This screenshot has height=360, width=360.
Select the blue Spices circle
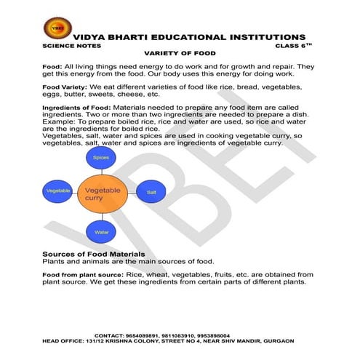coord(100,158)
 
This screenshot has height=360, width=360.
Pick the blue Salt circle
coord(151,191)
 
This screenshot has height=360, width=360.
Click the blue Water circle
coord(100,233)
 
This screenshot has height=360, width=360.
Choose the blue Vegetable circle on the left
coord(57,191)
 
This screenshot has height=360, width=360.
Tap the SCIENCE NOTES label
coord(66,45)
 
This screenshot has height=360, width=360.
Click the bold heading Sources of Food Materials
coord(98,253)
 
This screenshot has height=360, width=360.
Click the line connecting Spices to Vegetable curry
coord(100,170)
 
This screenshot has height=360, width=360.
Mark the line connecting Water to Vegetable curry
coord(100,218)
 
